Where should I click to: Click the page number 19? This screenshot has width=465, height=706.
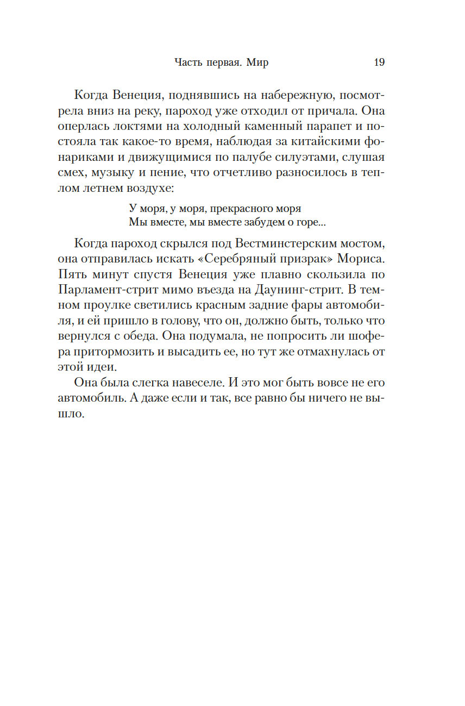[x=379, y=63]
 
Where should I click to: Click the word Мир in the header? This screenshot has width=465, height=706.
[x=257, y=63]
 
